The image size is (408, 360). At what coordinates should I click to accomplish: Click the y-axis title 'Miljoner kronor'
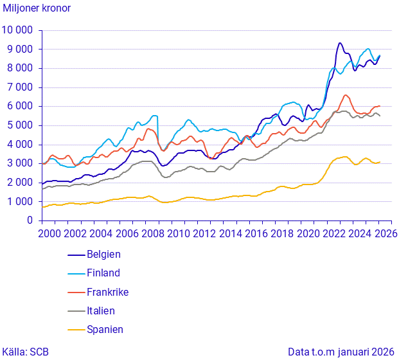pyautogui.click(x=37, y=8)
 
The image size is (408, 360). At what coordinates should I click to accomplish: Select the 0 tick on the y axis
pyautogui.click(x=30, y=221)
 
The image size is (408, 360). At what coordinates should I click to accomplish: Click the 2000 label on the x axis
pyautogui.click(x=51, y=233)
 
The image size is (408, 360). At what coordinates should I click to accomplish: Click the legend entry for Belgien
pyautogui.click(x=103, y=255)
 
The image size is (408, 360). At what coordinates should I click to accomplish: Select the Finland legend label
pyautogui.click(x=103, y=273)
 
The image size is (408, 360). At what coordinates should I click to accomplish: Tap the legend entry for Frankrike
pyautogui.click(x=107, y=292)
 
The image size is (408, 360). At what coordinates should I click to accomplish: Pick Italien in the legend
pyautogui.click(x=101, y=310)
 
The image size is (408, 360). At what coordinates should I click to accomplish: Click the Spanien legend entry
pyautogui.click(x=105, y=329)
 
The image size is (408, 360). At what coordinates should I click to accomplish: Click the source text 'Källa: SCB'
pyautogui.click(x=26, y=352)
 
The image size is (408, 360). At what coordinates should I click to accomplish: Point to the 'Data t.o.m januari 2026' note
pyautogui.click(x=341, y=352)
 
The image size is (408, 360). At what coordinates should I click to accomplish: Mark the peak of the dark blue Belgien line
pyautogui.click(x=340, y=43)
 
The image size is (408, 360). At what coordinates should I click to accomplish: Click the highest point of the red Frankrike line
pyautogui.click(x=346, y=95)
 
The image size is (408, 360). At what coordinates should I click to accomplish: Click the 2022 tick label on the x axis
pyautogui.click(x=328, y=233)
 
